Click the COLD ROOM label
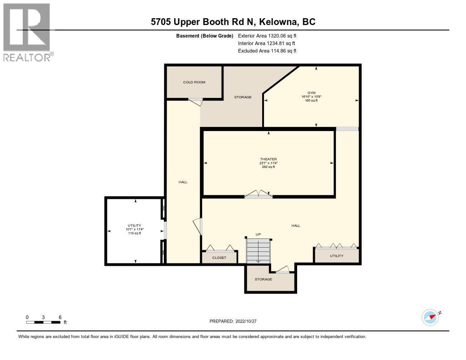pos(194,82)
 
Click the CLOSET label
pos(219,258)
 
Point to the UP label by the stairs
pos(258,234)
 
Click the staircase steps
pos(258,251)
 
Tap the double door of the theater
pos(258,195)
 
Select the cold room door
pos(195,102)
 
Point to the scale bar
pos(43,322)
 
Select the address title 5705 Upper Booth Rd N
pos(233,22)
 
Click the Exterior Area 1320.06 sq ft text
pos(267,35)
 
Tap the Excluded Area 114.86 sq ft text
pos(267,51)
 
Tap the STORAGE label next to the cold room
pos(243,97)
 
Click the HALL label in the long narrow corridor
pos(183,182)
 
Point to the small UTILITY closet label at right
pos(337,256)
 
